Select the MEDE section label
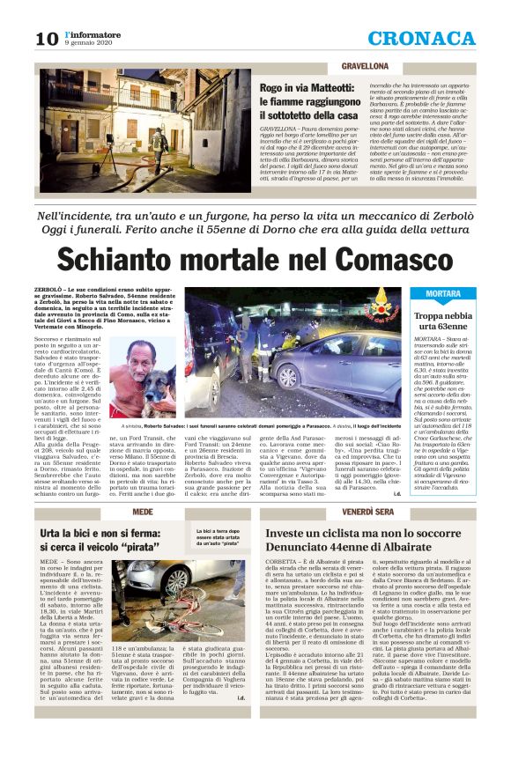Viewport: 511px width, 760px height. [x=142, y=512]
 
